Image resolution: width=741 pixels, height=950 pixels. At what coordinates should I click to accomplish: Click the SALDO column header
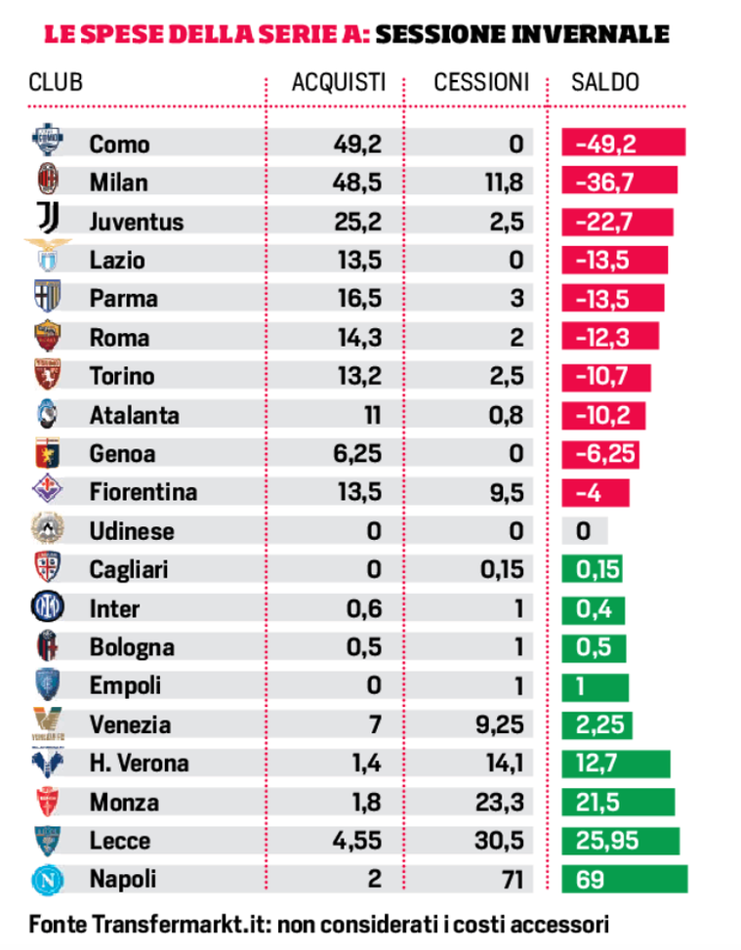605,82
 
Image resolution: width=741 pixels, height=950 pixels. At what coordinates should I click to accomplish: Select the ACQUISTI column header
338,82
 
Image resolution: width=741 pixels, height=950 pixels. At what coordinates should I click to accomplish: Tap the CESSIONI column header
481,82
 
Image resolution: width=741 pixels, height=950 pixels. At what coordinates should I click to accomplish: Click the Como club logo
46,142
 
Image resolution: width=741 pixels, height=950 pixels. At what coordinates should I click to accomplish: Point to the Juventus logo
46,219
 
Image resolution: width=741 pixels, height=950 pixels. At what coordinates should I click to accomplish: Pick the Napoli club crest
46,878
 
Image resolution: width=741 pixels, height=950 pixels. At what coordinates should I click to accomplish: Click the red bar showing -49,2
623,144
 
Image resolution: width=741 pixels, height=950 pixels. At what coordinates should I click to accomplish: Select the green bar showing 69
624,879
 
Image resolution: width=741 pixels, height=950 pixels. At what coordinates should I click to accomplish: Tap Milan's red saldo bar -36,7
619,183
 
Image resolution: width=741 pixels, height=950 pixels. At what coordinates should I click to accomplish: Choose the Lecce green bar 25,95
620,841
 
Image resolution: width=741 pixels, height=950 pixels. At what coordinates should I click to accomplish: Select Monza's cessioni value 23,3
504,802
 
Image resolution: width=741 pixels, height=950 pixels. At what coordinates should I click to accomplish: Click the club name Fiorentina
143,492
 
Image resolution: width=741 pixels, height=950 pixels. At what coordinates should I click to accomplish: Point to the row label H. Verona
139,763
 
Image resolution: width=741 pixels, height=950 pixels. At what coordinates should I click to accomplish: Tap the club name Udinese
132,531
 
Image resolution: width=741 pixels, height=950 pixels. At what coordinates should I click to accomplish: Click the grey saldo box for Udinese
585,531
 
